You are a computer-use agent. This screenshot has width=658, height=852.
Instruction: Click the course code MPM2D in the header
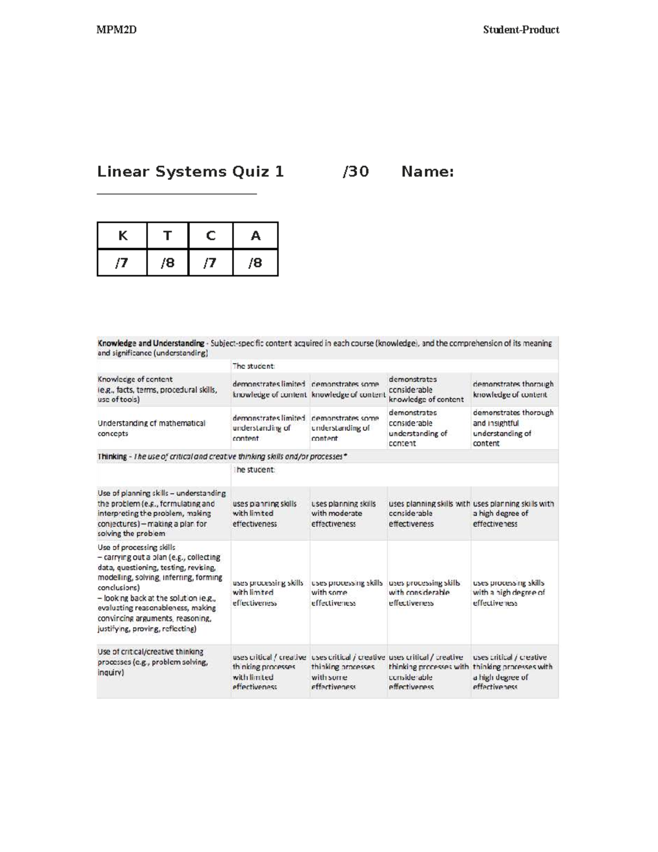[116, 30]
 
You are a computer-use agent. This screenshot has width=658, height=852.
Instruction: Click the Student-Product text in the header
[520, 30]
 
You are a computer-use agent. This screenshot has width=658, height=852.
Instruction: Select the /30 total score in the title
[355, 172]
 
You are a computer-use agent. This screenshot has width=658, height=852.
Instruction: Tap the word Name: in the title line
[427, 172]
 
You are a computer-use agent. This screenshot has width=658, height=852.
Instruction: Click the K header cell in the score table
[122, 236]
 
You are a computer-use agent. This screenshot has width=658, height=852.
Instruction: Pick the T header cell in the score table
[167, 236]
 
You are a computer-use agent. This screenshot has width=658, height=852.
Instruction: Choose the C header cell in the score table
[211, 236]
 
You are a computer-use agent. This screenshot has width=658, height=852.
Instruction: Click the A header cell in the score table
[255, 236]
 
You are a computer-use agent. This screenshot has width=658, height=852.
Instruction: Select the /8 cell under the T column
[167, 263]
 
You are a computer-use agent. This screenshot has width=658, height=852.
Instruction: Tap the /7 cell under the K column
[122, 263]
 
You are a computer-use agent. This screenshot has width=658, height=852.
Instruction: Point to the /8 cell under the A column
[255, 263]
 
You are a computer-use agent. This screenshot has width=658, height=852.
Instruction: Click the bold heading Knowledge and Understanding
[151, 343]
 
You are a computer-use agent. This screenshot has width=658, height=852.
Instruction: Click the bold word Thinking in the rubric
[112, 456]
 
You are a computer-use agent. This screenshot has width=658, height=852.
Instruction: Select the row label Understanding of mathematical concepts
[151, 428]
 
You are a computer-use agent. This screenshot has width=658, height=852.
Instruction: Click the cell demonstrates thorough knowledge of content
[513, 389]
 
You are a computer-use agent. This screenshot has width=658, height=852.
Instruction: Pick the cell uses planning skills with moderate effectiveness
[343, 514]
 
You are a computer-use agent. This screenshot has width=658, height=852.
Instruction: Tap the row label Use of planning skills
[161, 513]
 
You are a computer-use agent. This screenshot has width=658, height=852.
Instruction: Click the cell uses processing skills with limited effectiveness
[268, 593]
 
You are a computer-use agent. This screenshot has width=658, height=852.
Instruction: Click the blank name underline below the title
[177, 194]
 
